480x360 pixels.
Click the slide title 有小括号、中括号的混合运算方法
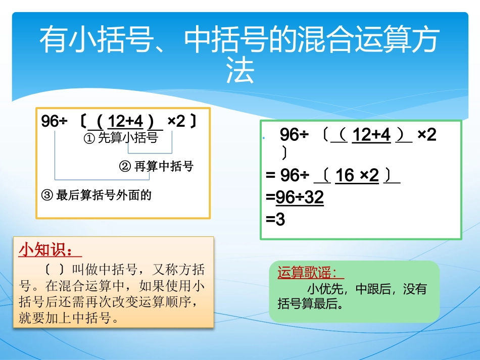(x=239, y=41)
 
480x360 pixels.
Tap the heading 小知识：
(x=50, y=250)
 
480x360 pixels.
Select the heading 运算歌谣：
(x=310, y=273)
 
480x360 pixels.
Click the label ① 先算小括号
(x=120, y=138)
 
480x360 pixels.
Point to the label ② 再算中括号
(x=156, y=166)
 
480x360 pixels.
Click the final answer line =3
(x=276, y=220)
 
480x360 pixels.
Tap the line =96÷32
(x=295, y=197)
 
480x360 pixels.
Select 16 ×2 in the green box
(x=357, y=176)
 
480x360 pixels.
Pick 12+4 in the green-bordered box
(x=371, y=135)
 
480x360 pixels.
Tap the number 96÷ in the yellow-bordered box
(x=54, y=121)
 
